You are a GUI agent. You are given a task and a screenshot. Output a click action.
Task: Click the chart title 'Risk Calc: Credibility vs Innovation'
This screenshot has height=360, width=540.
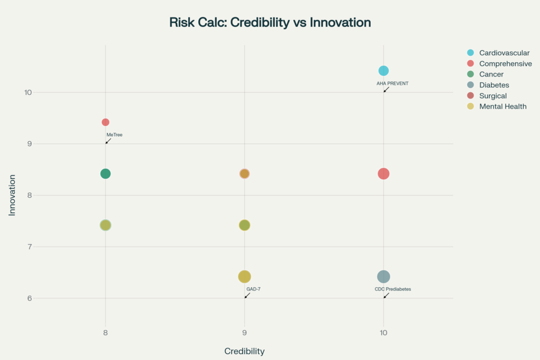click(270, 23)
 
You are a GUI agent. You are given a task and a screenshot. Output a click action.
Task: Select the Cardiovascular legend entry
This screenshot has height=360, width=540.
click(504, 53)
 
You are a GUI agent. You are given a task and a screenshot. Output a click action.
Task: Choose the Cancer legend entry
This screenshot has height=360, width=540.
click(491, 74)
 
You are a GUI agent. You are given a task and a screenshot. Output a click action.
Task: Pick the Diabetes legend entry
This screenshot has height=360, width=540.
click(494, 85)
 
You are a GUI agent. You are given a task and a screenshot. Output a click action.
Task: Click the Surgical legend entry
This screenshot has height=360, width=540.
click(493, 96)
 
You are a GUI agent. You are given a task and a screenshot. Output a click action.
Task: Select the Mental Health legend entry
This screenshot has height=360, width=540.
click(503, 106)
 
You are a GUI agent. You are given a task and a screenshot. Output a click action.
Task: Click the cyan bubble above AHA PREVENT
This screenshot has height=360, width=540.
click(383, 71)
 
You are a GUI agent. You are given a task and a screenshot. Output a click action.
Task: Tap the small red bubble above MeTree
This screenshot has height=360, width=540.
click(105, 122)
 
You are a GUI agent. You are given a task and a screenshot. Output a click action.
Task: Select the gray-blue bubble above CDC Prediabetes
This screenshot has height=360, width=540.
click(383, 277)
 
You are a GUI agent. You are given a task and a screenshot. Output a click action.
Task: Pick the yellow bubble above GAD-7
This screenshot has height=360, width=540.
click(244, 277)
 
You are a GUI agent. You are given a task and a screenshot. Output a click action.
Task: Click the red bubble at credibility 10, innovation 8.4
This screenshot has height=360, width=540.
click(383, 174)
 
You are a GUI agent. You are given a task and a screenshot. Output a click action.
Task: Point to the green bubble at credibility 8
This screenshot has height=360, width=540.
click(105, 174)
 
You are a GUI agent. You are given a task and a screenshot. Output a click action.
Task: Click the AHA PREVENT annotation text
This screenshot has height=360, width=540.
click(392, 84)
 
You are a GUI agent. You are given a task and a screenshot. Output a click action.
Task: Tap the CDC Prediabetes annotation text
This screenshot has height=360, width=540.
click(393, 289)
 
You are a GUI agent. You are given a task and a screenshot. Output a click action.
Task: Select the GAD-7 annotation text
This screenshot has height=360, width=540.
click(254, 289)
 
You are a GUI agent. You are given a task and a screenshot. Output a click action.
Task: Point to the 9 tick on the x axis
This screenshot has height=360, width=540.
click(244, 333)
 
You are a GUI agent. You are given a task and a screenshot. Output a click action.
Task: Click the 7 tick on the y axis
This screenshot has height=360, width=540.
click(28, 247)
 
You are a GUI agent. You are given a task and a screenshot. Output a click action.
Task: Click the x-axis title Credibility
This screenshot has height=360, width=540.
click(244, 351)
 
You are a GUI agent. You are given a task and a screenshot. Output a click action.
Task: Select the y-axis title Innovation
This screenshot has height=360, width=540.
click(12, 195)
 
